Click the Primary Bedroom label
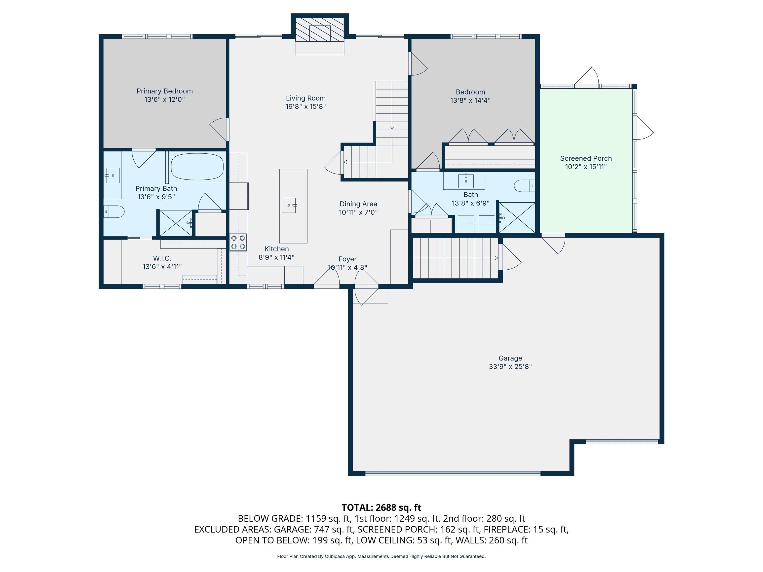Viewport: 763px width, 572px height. (164, 91)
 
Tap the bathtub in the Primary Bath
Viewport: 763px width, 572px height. (197, 167)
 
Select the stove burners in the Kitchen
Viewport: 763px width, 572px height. (238, 242)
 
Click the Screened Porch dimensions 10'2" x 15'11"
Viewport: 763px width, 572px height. (586, 167)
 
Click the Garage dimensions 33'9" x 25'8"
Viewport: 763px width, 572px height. (510, 366)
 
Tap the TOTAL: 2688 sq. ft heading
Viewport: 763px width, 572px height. (381, 507)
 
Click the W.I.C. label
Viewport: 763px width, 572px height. (162, 258)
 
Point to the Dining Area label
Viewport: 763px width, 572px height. (358, 204)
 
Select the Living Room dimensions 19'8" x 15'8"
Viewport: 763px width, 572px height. (305, 107)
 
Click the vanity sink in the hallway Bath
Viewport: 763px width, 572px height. (466, 180)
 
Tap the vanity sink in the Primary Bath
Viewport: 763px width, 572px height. (113, 176)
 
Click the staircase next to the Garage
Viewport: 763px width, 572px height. (455, 258)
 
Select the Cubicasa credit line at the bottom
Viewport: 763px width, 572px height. (381, 556)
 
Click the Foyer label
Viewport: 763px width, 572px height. (347, 259)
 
